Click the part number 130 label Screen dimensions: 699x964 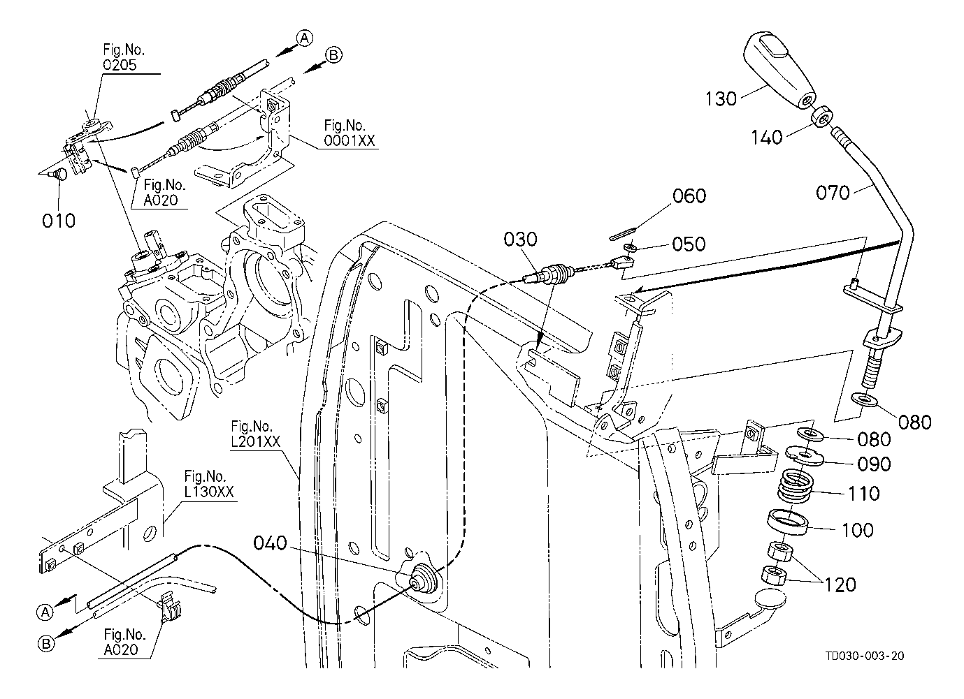tap(721, 98)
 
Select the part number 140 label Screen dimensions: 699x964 tap(766, 138)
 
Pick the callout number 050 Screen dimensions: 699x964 tap(689, 244)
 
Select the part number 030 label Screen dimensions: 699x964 tap(521, 240)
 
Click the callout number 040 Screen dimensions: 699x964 tap(270, 543)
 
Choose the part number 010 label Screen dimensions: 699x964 tap(58, 221)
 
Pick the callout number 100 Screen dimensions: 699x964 tap(857, 530)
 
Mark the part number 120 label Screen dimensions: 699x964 tap(840, 584)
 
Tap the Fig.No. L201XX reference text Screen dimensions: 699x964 tap(254, 433)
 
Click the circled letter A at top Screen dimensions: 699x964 tap(303, 38)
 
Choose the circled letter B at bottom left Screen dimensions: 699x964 tap(45, 644)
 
